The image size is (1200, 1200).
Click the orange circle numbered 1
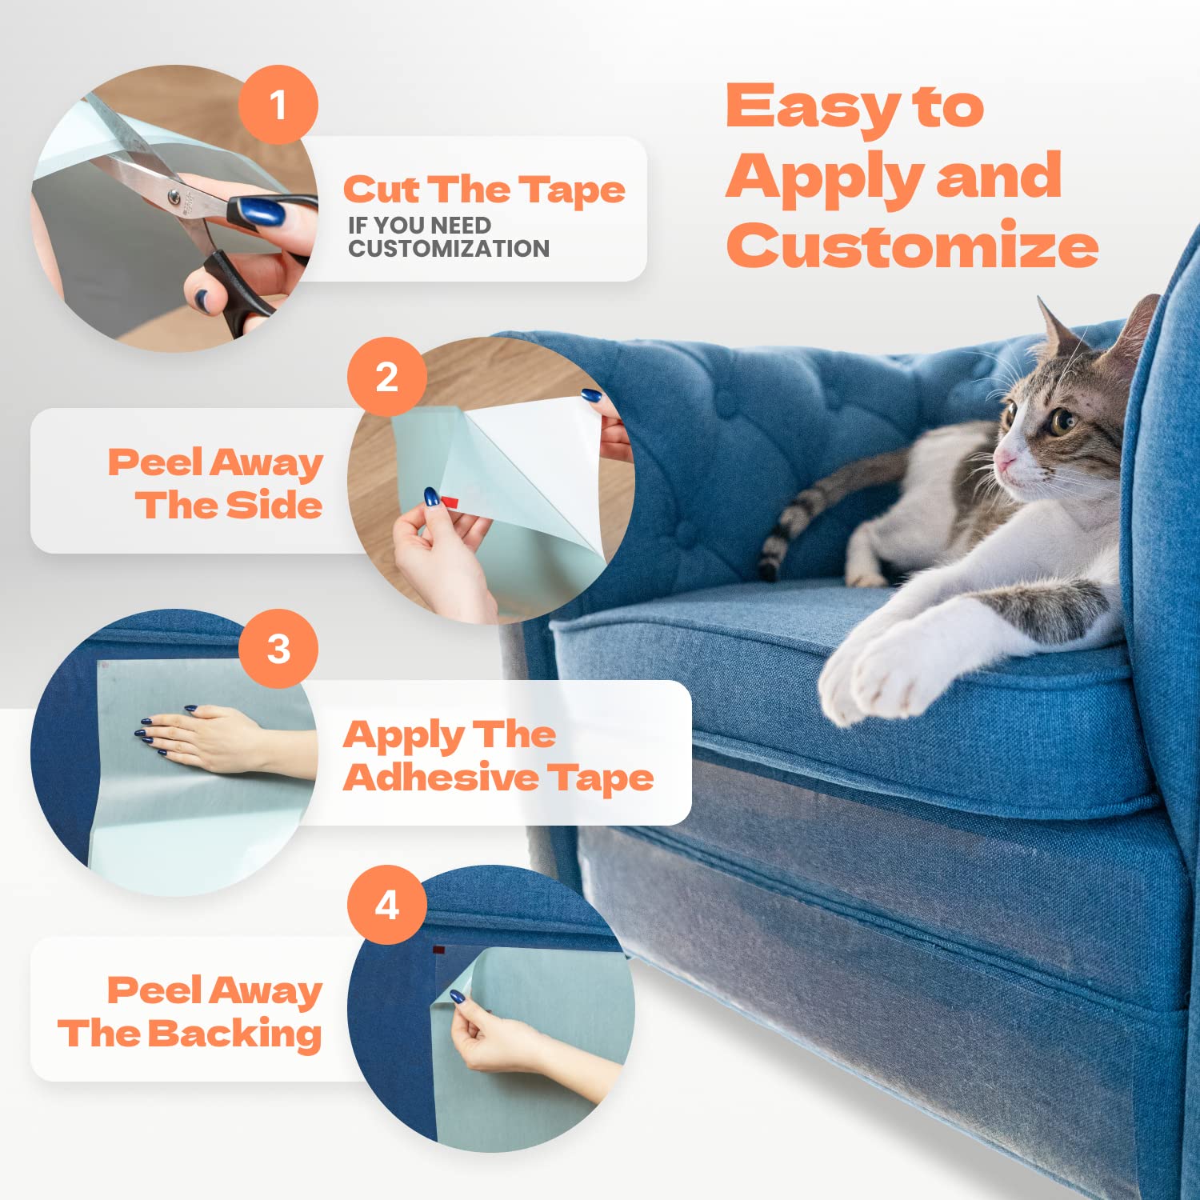(x=278, y=105)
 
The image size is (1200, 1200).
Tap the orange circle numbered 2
(x=386, y=377)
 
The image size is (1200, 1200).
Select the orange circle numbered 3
(x=278, y=649)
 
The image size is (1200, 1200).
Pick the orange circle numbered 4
(x=386, y=905)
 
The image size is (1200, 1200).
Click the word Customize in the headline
(x=912, y=245)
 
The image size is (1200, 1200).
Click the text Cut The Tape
(x=484, y=190)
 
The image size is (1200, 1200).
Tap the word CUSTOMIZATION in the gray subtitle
(x=449, y=249)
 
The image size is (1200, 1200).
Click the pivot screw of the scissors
(x=174, y=195)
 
